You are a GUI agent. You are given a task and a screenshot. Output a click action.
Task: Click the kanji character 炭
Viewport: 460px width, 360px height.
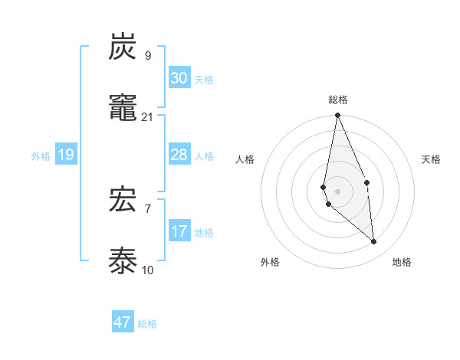pos(123,48)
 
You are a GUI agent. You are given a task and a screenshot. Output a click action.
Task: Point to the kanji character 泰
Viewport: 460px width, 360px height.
pos(123,261)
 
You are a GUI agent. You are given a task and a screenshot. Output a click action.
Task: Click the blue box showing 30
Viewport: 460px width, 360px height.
pos(179,78)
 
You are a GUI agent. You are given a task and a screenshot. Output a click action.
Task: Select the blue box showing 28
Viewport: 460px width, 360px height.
pos(179,155)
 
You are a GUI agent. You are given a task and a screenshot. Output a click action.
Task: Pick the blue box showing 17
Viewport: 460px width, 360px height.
pos(179,231)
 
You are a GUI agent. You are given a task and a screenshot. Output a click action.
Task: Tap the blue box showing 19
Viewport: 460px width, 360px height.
pos(66,155)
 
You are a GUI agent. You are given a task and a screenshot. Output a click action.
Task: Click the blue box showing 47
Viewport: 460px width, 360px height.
pos(123,322)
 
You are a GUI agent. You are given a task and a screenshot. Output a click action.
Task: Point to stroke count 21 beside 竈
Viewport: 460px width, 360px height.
pos(148,116)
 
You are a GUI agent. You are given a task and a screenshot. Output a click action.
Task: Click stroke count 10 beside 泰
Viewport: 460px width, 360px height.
pos(148,270)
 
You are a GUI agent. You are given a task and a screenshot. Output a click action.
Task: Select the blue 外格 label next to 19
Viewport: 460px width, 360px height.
pos(41,156)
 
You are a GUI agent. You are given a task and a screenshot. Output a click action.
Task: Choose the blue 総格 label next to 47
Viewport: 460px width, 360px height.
pos(147,324)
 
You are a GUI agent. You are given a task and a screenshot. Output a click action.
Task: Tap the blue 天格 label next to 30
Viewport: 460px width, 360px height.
pos(203,80)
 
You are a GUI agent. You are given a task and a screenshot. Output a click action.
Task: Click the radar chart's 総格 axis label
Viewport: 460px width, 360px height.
pos(338,100)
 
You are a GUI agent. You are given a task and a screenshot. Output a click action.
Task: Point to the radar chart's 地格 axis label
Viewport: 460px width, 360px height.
pos(402,262)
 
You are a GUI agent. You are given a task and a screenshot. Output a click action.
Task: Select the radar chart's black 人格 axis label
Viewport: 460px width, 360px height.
pos(245,159)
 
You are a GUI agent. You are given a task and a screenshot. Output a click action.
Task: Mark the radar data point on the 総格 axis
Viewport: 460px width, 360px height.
pos(337,116)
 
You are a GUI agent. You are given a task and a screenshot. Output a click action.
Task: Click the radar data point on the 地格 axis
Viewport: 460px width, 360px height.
pos(374,242)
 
